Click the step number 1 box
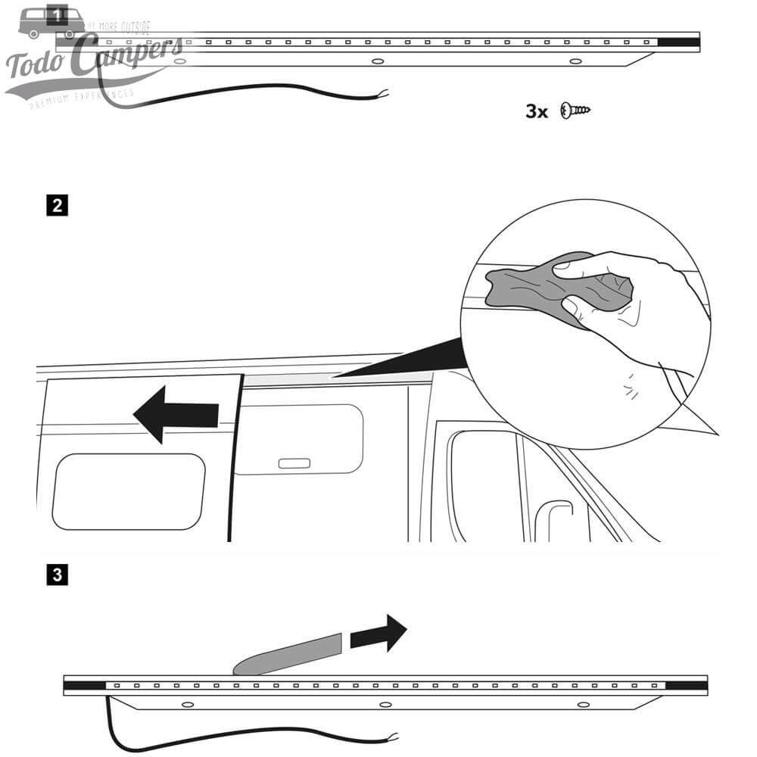point(58,13)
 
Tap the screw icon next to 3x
point(575,111)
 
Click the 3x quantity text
point(537,111)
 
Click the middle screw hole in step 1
point(377,60)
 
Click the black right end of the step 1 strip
point(678,42)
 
